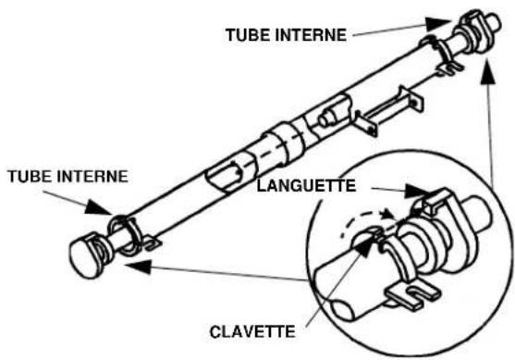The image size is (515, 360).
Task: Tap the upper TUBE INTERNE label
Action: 286,36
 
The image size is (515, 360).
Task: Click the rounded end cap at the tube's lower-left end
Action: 85,254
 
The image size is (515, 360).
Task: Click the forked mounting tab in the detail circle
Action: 408,296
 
